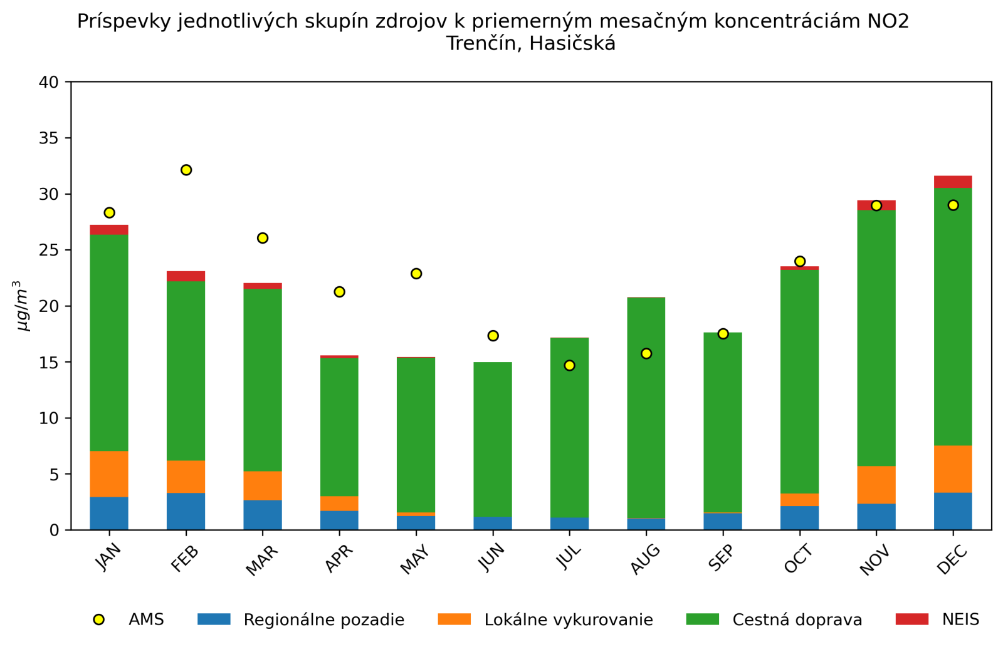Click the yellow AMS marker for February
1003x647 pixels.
[186, 170]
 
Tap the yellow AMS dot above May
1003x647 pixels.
[416, 274]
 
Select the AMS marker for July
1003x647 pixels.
[569, 365]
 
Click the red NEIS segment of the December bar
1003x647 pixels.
[953, 182]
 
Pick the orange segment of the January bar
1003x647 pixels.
[109, 474]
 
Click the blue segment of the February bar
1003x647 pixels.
[186, 512]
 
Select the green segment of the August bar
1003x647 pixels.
[646, 408]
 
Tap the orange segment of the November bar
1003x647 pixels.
[876, 485]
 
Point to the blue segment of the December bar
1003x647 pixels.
[953, 511]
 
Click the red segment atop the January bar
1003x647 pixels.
[109, 230]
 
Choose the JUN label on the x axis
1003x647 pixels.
[492, 557]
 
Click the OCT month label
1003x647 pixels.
[799, 559]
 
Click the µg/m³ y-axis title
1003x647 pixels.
[23, 306]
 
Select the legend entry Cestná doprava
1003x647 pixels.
[797, 620]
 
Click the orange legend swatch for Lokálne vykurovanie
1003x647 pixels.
[454, 619]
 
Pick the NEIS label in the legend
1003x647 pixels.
[960, 620]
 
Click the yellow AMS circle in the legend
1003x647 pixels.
[98, 619]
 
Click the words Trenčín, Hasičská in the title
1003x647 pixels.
[530, 44]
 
